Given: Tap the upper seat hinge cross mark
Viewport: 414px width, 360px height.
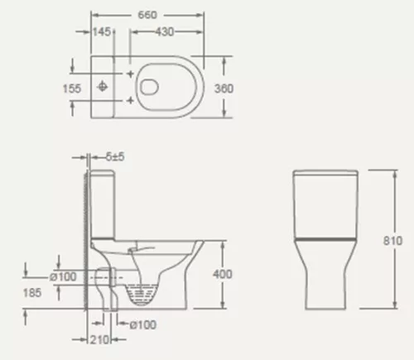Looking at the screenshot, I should pyautogui.click(x=131, y=73).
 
